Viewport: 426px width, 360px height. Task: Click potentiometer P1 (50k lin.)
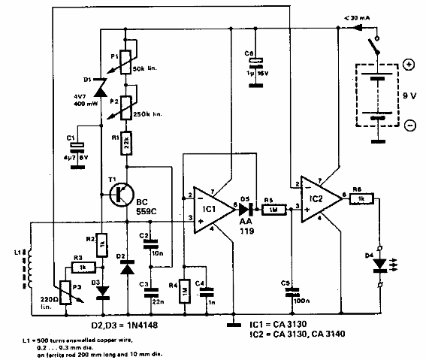click(x=126, y=59)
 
